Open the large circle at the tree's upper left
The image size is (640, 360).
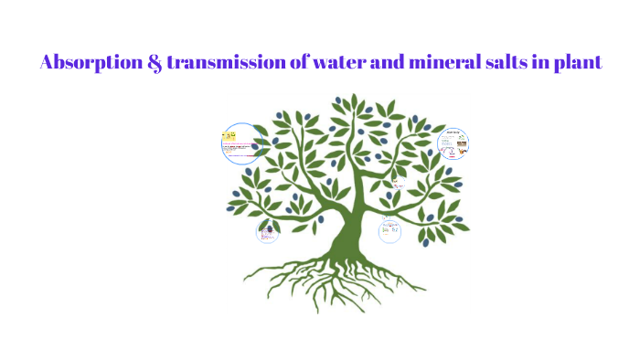242,143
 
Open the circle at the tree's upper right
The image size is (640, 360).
453,143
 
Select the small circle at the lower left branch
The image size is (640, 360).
267,233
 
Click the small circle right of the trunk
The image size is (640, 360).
391,231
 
